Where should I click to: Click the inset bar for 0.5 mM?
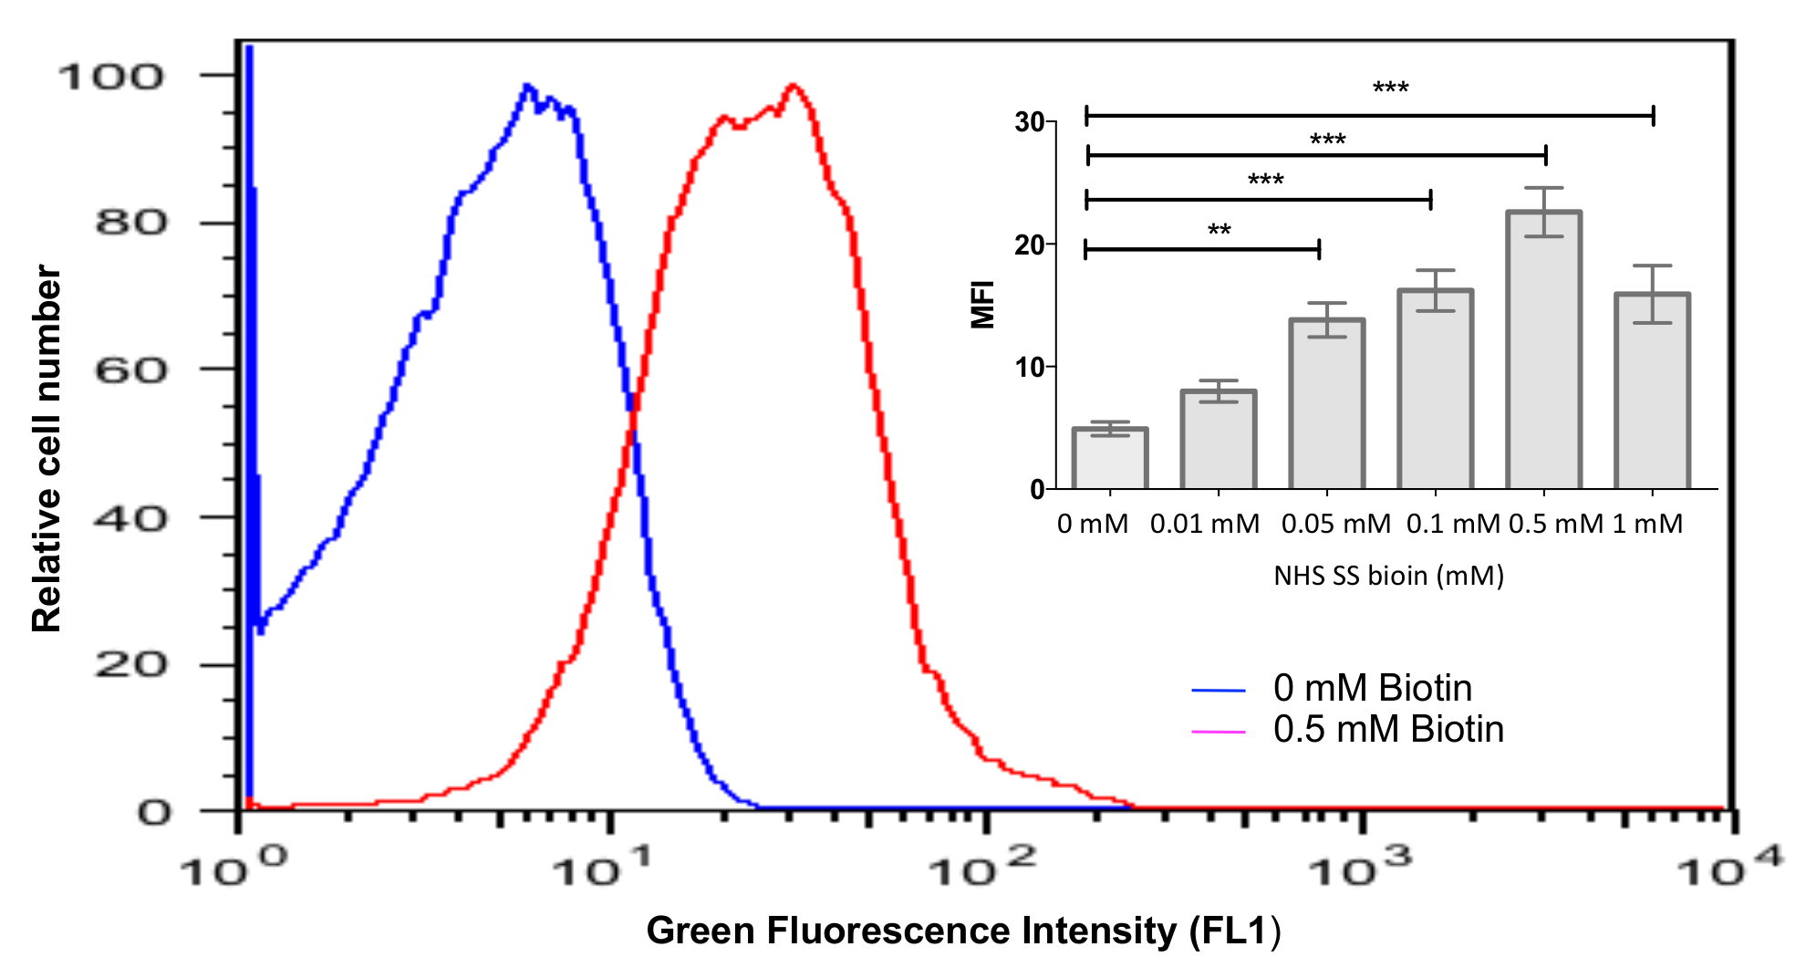tap(1543, 351)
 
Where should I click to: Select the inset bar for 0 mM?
tap(1109, 459)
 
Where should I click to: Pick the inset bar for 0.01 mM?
tap(1218, 441)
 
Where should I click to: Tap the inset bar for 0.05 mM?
tap(1326, 404)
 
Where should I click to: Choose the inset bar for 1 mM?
tap(1652, 391)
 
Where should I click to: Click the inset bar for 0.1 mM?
tap(1435, 390)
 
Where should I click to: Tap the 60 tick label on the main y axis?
tap(130, 370)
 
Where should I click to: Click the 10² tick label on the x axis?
tap(983, 869)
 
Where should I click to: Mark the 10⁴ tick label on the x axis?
tap(1729, 869)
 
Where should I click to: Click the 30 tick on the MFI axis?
tap(1030, 122)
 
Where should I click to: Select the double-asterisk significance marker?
tap(1219, 230)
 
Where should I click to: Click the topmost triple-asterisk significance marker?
tap(1390, 88)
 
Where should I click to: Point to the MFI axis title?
tap(982, 304)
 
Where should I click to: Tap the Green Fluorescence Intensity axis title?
tap(963, 931)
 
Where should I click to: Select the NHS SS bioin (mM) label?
tap(1388, 576)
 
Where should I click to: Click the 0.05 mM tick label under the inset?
tap(1335, 525)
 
